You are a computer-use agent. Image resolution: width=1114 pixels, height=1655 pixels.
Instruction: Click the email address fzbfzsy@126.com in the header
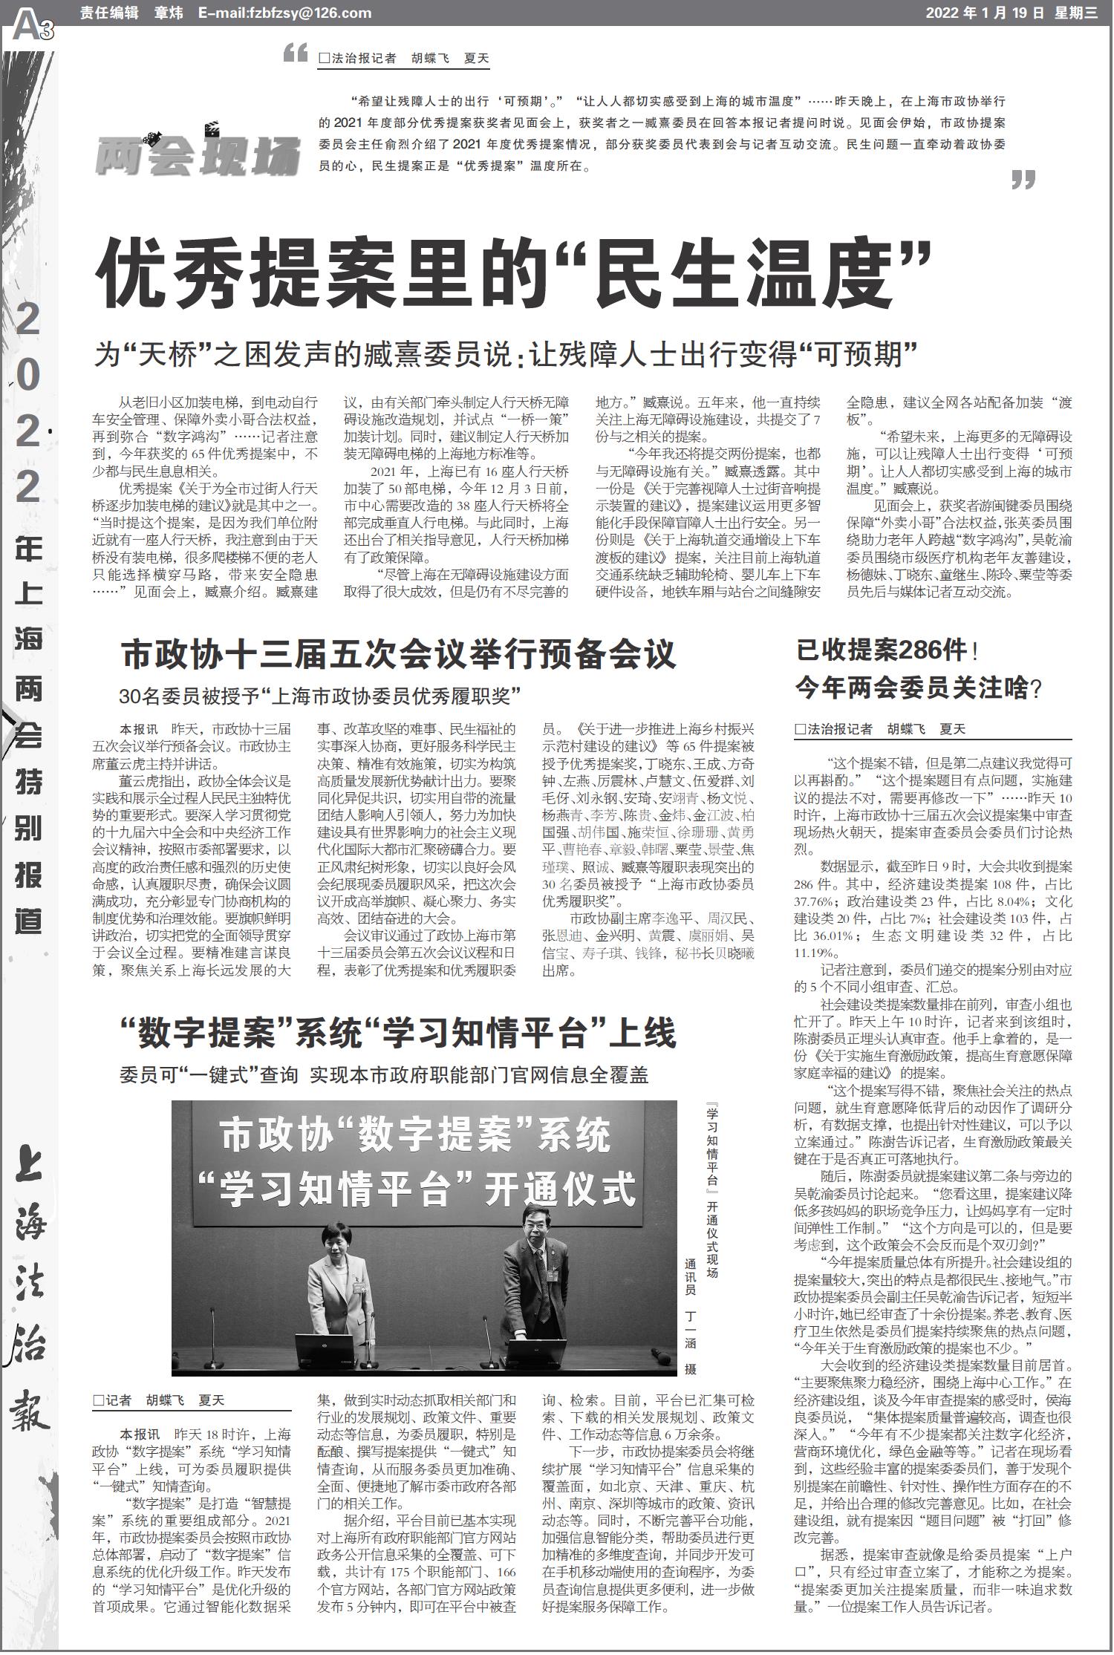point(284,13)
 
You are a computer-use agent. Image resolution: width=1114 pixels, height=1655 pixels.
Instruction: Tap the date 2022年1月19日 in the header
point(985,13)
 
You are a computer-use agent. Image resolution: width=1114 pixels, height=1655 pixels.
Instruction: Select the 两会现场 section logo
point(197,153)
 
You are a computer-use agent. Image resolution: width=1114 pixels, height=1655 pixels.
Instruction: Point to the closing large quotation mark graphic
point(1023,180)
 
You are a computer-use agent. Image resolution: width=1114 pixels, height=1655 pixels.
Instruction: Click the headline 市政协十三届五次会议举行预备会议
point(399,654)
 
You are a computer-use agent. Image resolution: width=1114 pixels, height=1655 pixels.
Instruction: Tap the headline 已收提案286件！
point(887,651)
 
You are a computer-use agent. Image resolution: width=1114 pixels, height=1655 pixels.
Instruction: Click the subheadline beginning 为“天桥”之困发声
point(506,353)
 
